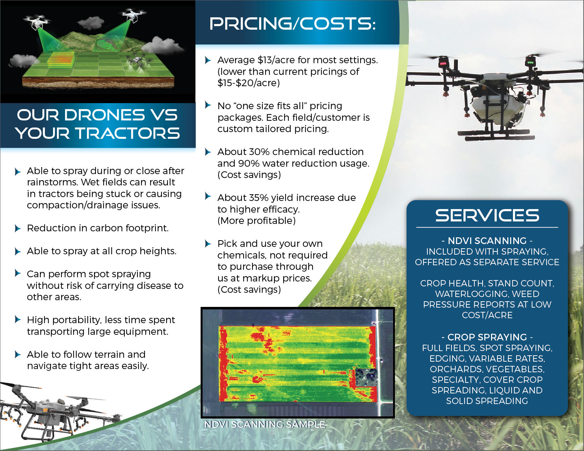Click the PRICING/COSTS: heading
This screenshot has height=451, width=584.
click(x=292, y=24)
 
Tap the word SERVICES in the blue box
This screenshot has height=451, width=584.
click(x=487, y=215)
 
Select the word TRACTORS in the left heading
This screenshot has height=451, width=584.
click(x=127, y=133)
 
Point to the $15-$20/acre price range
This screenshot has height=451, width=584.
click(x=249, y=83)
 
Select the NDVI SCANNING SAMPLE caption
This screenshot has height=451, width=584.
click(x=265, y=424)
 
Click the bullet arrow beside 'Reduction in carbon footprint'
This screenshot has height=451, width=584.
click(x=18, y=229)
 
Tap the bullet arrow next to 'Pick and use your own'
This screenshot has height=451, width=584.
click(x=208, y=243)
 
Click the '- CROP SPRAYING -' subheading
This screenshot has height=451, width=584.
click(x=487, y=337)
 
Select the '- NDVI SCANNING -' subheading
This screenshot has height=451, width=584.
click(x=487, y=241)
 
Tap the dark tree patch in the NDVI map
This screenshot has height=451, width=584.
click(x=366, y=378)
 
